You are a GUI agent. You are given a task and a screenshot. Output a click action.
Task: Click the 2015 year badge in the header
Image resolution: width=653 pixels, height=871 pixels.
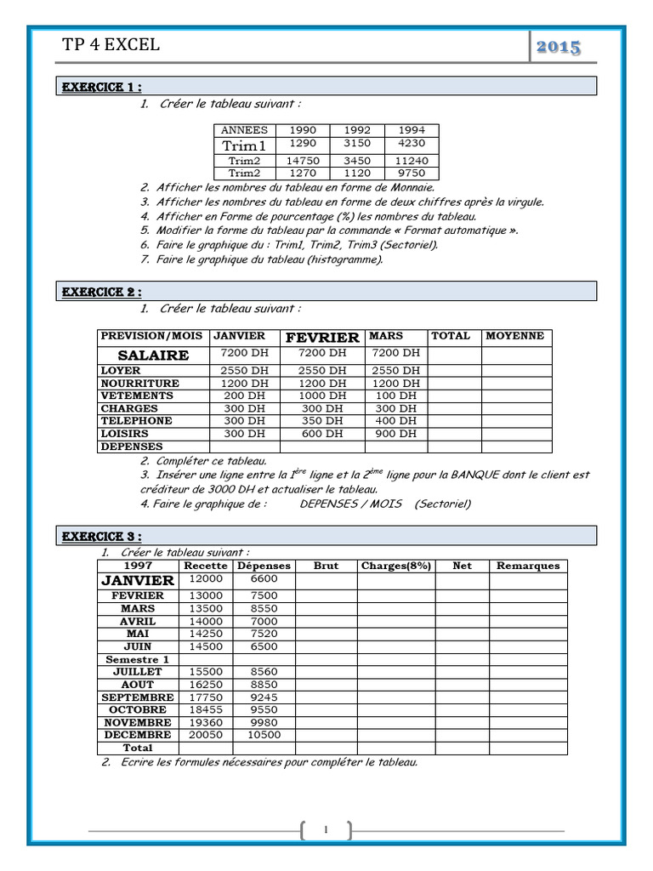559,47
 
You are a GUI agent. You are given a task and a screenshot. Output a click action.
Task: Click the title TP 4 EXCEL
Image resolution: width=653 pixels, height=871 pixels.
111,45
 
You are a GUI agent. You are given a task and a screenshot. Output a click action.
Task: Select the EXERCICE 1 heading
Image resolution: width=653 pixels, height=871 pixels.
99,87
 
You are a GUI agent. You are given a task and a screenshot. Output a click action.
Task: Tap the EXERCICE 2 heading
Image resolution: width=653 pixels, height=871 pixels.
99,293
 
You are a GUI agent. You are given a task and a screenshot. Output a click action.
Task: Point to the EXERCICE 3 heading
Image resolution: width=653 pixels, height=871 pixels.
99,537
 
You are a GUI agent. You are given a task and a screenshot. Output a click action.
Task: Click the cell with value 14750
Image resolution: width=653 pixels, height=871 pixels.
303,161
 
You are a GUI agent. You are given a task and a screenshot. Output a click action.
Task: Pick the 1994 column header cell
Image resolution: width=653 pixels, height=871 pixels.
412,130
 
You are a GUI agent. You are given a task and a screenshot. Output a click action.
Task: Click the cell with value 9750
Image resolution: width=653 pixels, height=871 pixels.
412,173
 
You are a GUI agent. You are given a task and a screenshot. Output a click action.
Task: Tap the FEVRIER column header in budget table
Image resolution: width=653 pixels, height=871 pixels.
322,338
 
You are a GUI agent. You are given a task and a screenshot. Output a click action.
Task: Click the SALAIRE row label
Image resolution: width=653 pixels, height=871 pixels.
153,355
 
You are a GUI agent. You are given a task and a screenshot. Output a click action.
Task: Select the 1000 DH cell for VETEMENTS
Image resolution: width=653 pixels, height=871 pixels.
322,396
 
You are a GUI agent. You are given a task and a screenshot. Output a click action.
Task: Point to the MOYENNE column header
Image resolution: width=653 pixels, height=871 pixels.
515,336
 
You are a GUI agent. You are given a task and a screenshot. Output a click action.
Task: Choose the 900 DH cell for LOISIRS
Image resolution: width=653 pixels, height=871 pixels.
395,434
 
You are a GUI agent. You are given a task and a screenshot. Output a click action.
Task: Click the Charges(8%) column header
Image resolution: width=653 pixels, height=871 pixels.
395,566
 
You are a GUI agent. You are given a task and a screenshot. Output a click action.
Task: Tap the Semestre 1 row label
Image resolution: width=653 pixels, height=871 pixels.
138,659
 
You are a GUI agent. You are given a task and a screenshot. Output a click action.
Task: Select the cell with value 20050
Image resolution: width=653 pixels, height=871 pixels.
204,735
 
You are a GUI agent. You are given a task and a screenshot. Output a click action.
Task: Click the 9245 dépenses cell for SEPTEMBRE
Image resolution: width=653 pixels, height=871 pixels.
264,697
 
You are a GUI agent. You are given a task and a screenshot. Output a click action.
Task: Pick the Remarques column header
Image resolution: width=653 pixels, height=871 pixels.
527,566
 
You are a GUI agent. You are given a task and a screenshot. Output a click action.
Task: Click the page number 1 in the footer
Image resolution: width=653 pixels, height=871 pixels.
326,830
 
